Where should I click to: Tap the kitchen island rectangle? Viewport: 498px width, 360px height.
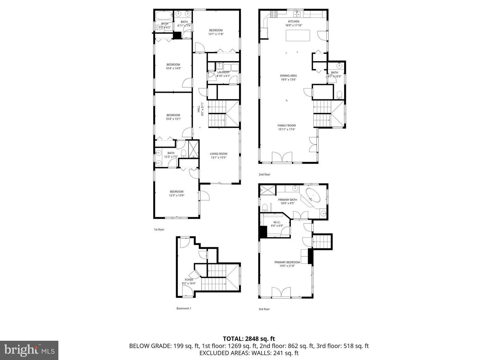tap(298, 36)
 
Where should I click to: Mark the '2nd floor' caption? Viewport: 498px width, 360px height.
tap(264, 174)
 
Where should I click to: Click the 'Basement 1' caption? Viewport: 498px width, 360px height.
tap(184, 308)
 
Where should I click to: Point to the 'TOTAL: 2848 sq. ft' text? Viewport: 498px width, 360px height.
tap(249, 339)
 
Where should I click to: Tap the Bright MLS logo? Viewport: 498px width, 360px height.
tap(29, 350)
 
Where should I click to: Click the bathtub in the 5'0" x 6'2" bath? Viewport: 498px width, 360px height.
tap(163, 16)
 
